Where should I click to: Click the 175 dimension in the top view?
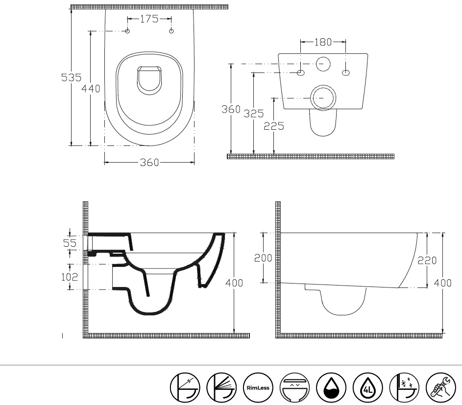tap(149, 19)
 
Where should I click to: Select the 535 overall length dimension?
tap(72, 77)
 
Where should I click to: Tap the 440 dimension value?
tap(91, 88)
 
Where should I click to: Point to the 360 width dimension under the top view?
tap(149, 162)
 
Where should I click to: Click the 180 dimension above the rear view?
tap(323, 42)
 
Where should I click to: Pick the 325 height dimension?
tap(254, 114)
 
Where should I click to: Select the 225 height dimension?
tap(274, 126)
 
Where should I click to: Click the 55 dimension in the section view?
tap(70, 243)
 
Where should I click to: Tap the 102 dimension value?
tap(70, 277)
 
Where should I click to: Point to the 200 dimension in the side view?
tap(263, 258)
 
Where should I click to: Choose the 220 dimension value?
tap(427, 261)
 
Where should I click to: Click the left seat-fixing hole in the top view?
tap(127, 31)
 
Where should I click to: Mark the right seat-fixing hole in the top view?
tap(171, 31)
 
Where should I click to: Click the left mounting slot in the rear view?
tap(300, 72)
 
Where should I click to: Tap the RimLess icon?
tap(258, 388)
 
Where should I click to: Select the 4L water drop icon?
tap(368, 388)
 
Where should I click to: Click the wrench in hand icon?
tap(441, 388)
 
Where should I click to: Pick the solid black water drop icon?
tap(331, 388)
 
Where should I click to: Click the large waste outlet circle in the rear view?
tap(323, 98)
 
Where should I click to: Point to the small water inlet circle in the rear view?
tap(323, 64)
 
